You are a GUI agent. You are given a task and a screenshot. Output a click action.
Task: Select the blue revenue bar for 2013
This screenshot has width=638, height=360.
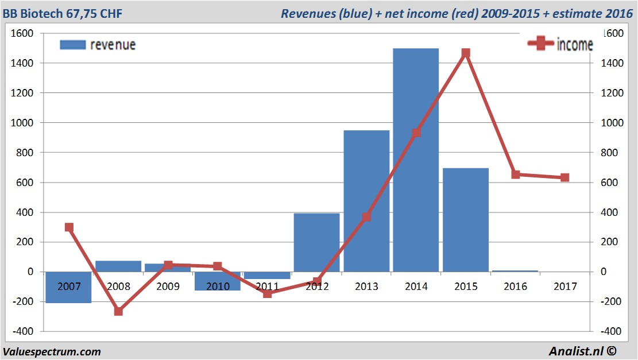tap(366, 201)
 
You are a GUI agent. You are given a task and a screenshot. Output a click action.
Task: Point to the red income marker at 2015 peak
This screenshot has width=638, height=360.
tap(466, 53)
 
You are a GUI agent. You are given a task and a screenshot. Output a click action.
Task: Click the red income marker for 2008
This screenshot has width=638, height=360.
tap(118, 311)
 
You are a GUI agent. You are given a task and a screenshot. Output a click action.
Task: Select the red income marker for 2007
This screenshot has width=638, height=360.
tap(69, 227)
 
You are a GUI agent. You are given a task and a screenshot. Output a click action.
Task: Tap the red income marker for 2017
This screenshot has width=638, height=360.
tap(564, 177)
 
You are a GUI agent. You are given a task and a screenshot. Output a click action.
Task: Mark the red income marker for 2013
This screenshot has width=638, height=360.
tap(366, 216)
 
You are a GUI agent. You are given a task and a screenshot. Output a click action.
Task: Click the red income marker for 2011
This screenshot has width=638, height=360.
tap(267, 293)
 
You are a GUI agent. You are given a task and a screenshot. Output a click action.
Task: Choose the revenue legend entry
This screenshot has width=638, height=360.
tap(98, 45)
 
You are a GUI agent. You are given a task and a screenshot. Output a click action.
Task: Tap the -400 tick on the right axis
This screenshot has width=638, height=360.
tap(610, 331)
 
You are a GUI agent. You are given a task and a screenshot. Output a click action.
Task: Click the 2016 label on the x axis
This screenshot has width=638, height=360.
tap(515, 286)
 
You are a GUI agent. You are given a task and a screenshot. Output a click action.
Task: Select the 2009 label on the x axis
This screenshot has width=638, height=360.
tap(168, 286)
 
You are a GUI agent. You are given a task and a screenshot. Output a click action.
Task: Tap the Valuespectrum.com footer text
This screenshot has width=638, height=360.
tap(52, 351)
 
